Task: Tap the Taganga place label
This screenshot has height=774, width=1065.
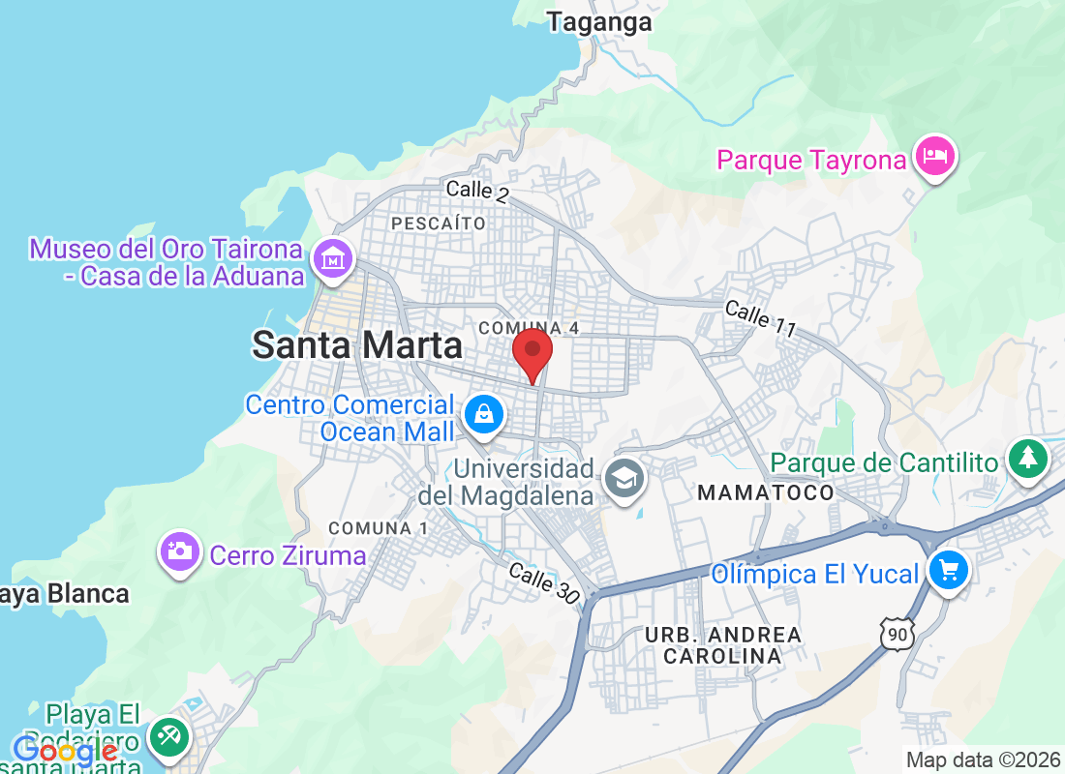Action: [x=599, y=22]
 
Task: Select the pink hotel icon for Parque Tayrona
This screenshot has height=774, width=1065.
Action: [x=934, y=154]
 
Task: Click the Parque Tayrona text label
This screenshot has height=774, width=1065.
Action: [x=811, y=160]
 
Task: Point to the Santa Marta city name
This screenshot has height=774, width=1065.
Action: [x=357, y=344]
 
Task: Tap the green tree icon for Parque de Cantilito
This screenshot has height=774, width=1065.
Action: [x=1026, y=458]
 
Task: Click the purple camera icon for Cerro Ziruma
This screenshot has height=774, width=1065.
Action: [x=179, y=551]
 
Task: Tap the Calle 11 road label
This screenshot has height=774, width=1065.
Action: [x=760, y=319]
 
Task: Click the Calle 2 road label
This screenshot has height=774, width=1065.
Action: [x=477, y=191]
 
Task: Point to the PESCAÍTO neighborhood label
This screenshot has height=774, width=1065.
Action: [x=439, y=223]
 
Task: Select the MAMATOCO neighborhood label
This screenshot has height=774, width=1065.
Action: [x=765, y=492]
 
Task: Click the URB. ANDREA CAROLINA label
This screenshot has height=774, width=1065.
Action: [x=723, y=645]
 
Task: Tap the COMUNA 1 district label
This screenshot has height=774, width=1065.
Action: [x=378, y=528]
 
